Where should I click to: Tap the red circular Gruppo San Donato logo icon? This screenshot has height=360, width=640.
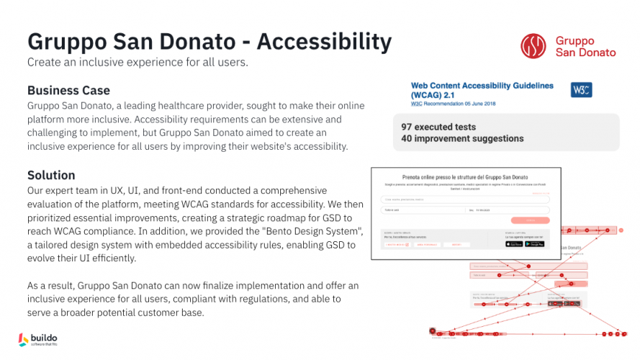(x=533, y=46)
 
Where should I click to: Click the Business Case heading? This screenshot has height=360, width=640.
(x=68, y=90)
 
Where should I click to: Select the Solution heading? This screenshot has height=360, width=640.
(x=51, y=175)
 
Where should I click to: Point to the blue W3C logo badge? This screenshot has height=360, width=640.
(x=581, y=90)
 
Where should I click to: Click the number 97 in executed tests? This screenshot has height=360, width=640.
(x=407, y=127)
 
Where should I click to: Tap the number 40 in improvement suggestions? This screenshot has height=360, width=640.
(x=407, y=138)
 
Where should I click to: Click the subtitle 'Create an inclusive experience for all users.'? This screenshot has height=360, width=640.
(x=138, y=62)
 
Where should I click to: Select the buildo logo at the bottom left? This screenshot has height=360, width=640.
(x=39, y=339)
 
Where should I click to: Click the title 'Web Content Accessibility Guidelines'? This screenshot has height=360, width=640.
(x=482, y=85)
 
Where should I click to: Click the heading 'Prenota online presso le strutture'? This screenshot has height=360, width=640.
(x=465, y=176)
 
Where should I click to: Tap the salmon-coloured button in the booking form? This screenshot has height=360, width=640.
(x=529, y=220)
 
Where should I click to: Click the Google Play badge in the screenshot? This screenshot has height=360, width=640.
(x=534, y=244)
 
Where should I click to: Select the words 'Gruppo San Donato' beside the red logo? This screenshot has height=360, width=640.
(x=585, y=46)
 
